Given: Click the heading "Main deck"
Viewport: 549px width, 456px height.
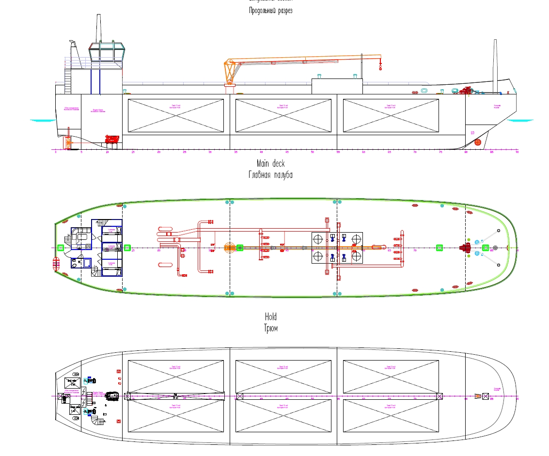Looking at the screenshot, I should [270, 164].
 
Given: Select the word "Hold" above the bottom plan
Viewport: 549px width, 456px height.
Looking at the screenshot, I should [270, 316].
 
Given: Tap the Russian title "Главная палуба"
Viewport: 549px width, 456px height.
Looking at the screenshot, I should [270, 175].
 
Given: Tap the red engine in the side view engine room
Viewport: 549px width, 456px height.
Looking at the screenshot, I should [112, 140].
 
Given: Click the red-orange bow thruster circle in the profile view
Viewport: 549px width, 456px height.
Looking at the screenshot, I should [477, 142].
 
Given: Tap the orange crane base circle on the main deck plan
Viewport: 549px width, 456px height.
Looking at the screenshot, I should [229, 248].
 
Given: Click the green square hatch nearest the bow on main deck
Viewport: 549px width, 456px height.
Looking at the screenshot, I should [486, 248].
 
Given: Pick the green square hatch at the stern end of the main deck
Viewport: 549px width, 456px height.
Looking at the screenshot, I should [60, 248].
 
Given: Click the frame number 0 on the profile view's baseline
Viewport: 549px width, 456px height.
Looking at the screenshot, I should [56, 152].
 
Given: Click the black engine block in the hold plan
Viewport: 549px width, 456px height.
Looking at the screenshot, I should [113, 396].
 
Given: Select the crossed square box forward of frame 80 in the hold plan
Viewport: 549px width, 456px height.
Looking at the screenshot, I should [478, 396].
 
